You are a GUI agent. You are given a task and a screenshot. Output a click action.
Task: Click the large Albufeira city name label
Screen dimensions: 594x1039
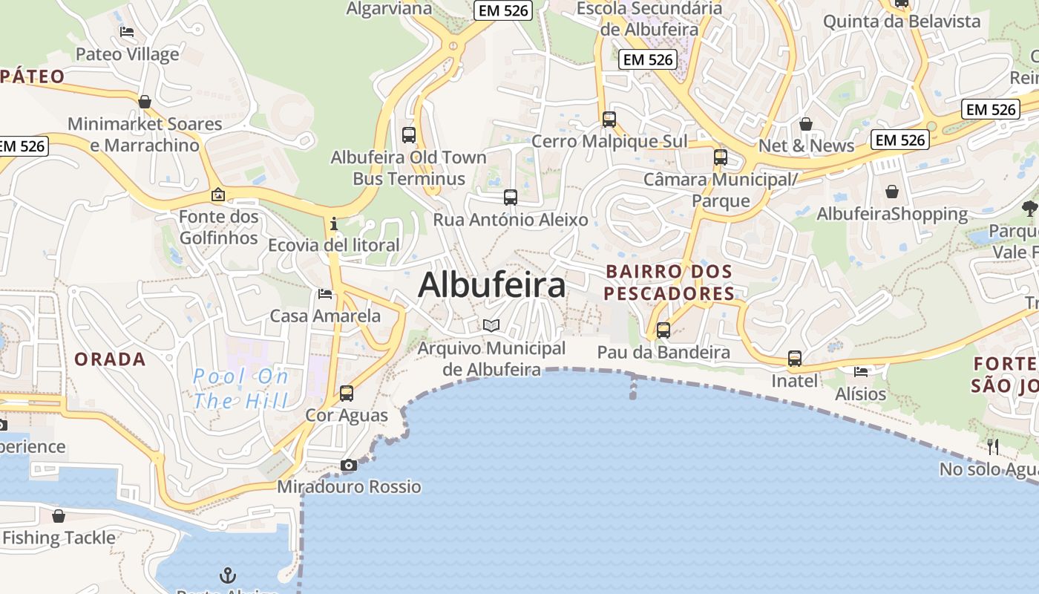(x=492, y=286)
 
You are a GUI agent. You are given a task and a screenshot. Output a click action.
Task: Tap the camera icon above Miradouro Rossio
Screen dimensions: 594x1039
(x=348, y=466)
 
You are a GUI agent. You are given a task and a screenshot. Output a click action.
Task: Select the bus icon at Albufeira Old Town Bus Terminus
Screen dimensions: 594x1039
(x=409, y=135)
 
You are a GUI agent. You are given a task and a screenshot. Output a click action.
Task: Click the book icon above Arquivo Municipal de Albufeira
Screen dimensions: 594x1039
(x=491, y=325)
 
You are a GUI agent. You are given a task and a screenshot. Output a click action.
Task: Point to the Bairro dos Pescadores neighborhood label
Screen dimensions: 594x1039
(x=669, y=283)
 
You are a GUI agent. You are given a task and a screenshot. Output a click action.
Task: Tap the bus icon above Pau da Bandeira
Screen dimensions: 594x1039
(x=663, y=330)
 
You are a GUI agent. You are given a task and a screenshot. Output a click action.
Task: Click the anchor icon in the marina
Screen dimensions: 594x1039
(x=228, y=575)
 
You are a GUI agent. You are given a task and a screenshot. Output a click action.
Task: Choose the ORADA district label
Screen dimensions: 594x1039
(x=110, y=359)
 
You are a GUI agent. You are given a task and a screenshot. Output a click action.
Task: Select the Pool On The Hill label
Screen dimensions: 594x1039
(x=240, y=388)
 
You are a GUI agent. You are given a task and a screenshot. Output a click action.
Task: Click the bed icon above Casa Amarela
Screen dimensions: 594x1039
(x=325, y=294)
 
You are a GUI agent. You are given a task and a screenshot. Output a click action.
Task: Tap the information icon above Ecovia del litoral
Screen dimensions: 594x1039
(x=334, y=223)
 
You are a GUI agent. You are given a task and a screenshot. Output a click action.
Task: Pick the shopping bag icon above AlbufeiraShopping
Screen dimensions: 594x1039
(x=892, y=192)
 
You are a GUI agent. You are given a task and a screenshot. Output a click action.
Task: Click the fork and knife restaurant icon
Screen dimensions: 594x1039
(x=993, y=447)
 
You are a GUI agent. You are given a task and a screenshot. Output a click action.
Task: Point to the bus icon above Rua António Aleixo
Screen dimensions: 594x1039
(x=511, y=198)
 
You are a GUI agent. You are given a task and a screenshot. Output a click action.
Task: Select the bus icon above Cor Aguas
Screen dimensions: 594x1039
(x=347, y=394)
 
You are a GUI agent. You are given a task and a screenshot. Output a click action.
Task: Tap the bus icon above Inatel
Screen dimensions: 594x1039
(x=795, y=359)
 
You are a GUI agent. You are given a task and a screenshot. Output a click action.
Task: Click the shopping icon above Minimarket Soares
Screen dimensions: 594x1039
(x=145, y=102)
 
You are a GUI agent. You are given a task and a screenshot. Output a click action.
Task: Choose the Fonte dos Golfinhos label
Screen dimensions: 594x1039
(x=219, y=227)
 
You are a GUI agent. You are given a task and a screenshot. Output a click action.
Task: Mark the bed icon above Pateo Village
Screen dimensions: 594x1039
(x=127, y=32)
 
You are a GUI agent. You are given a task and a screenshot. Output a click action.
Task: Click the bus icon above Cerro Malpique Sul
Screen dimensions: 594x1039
(x=609, y=119)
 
